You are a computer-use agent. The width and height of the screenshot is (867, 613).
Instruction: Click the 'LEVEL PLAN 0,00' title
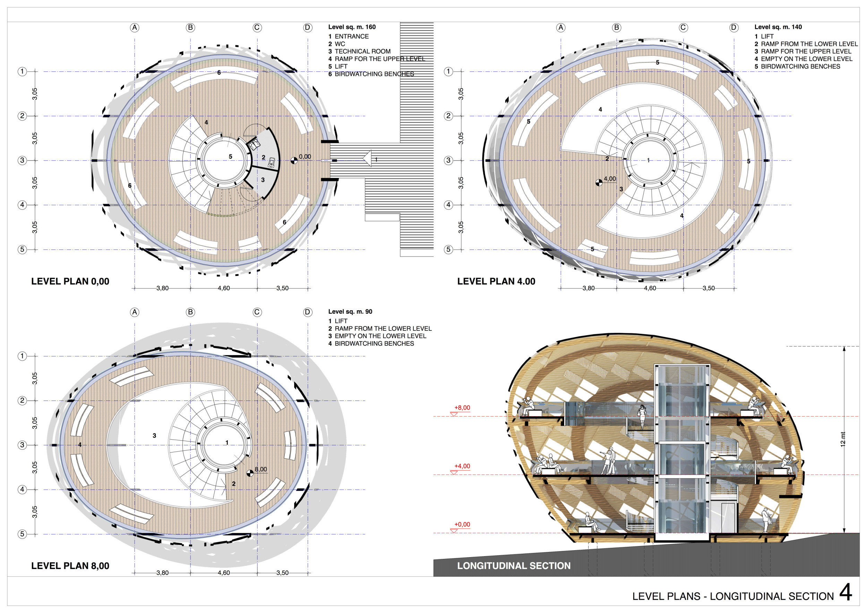click(x=70, y=281)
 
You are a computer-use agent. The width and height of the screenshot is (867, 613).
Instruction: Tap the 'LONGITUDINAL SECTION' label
click(x=514, y=565)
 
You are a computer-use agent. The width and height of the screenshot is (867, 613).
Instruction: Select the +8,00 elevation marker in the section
click(x=462, y=408)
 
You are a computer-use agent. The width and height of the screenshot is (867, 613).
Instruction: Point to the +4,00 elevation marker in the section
click(x=462, y=467)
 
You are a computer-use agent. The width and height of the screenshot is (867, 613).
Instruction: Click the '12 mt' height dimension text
click(x=842, y=439)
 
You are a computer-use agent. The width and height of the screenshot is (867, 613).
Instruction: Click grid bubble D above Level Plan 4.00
click(x=734, y=27)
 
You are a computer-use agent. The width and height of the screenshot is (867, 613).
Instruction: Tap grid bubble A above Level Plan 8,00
click(x=135, y=312)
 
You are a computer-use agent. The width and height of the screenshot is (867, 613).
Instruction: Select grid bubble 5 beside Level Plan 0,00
click(x=22, y=250)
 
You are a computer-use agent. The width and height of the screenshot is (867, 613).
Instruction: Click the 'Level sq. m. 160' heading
click(x=352, y=27)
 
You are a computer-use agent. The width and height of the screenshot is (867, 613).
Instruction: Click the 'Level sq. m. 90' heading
click(x=350, y=311)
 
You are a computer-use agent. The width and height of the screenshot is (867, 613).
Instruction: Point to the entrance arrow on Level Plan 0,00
click(x=367, y=158)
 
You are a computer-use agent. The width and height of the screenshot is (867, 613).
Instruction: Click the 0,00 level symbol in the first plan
click(x=294, y=161)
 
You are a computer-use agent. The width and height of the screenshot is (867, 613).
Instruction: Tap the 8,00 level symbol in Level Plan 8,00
click(x=250, y=473)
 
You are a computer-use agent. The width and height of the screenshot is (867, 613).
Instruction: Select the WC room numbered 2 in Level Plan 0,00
click(x=264, y=157)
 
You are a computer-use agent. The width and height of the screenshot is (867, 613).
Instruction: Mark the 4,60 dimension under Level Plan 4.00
click(x=650, y=288)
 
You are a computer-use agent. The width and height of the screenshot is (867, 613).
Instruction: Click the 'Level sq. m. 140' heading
click(x=778, y=27)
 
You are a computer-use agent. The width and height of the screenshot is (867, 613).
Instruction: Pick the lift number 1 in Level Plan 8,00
click(x=227, y=442)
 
